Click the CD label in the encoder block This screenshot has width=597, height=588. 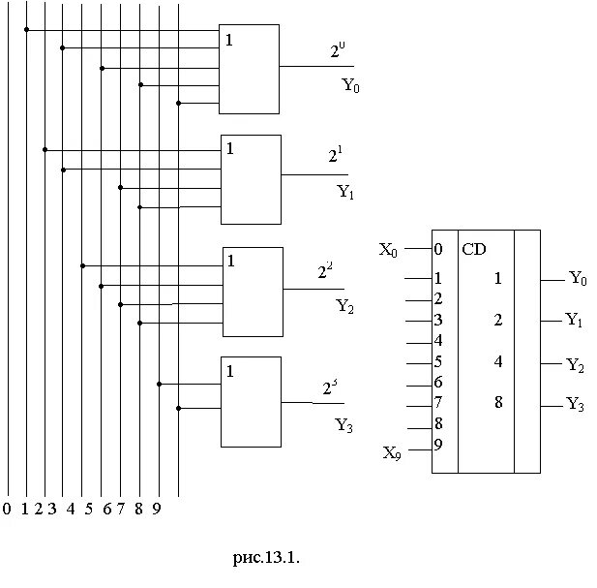[x=474, y=250]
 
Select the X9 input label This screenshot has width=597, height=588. [x=391, y=452]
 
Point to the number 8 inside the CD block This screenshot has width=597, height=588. [x=498, y=402]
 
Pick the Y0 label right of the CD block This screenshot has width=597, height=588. [x=578, y=279]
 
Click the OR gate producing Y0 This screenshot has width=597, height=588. [x=249, y=69]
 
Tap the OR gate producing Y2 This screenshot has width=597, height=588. [x=253, y=291]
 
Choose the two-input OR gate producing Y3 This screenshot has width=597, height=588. [x=251, y=402]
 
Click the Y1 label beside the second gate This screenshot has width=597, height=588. [x=345, y=192]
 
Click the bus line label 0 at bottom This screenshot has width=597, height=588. [x=7, y=509]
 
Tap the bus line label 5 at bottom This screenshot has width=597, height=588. [x=87, y=509]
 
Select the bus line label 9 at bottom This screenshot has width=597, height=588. [x=156, y=509]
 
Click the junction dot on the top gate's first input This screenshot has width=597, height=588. [x=26, y=29]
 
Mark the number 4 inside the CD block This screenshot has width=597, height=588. [x=498, y=361]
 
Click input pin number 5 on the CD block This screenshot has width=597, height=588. [x=438, y=362]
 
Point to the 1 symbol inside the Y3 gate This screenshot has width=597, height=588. [x=230, y=371]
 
